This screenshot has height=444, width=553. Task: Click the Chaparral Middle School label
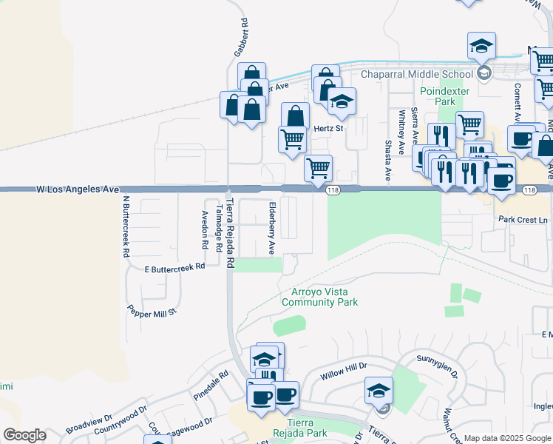[x=416, y=74]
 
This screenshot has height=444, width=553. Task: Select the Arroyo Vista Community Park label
[x=319, y=297]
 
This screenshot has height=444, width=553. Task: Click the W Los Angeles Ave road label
[x=78, y=190]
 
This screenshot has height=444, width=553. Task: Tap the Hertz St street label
[x=329, y=128]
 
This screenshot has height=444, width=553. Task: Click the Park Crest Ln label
[x=523, y=220]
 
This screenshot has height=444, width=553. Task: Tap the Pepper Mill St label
[x=152, y=310]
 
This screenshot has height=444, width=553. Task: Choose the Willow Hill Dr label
[x=344, y=371]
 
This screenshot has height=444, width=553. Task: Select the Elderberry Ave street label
[x=272, y=228]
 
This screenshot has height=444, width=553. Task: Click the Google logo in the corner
[x=24, y=435]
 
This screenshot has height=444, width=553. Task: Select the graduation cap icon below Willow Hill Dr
[x=379, y=390]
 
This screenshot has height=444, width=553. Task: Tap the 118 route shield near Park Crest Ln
[x=529, y=190]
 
